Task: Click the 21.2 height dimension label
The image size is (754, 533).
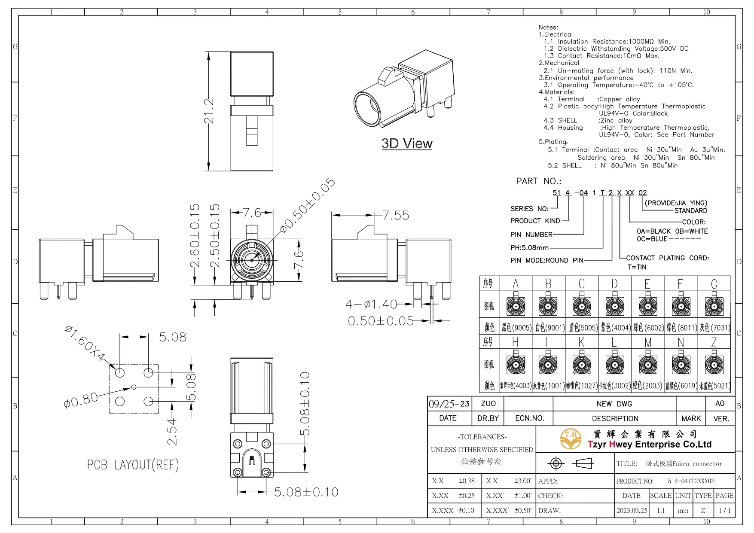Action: pos(209,111)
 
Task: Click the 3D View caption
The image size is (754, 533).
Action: pos(407,143)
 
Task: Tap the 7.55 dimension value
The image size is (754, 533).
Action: pos(395,215)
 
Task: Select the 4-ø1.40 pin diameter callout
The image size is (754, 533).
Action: pos(371,304)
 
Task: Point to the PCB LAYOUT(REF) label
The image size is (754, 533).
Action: pos(133,465)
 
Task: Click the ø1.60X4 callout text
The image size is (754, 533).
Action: pos(85,343)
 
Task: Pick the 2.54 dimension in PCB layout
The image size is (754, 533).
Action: pos(172,432)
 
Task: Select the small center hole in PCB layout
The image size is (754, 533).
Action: pos(134,387)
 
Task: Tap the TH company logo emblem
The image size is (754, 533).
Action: pos(571,439)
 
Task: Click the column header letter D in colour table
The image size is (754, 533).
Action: pos(614,284)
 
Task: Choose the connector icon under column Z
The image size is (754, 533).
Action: pos(714,364)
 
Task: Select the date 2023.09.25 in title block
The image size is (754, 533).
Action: pos(632,511)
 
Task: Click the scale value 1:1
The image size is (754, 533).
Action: pos(660,511)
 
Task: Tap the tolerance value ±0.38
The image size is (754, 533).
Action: pos(467,481)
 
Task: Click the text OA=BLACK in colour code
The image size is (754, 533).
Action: pos(653,231)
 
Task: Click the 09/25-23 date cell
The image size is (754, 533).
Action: pos(449,404)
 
